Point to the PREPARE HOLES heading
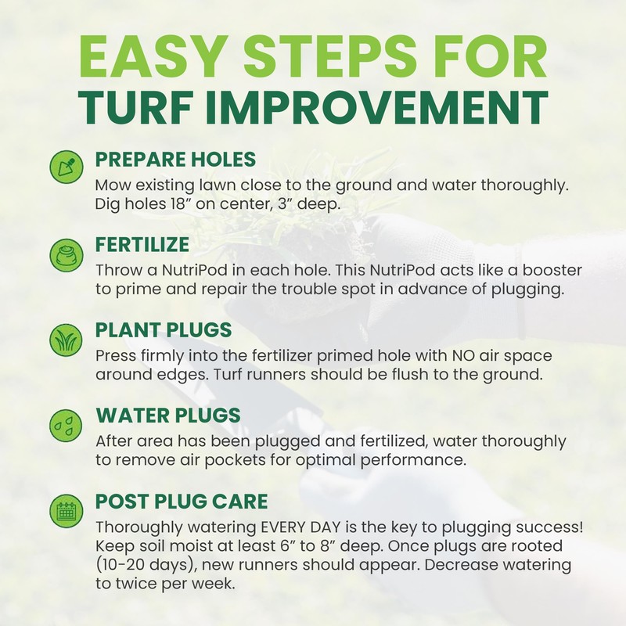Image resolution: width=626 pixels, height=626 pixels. pos(175,160)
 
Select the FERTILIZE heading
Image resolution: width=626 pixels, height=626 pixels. pos(142,244)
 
